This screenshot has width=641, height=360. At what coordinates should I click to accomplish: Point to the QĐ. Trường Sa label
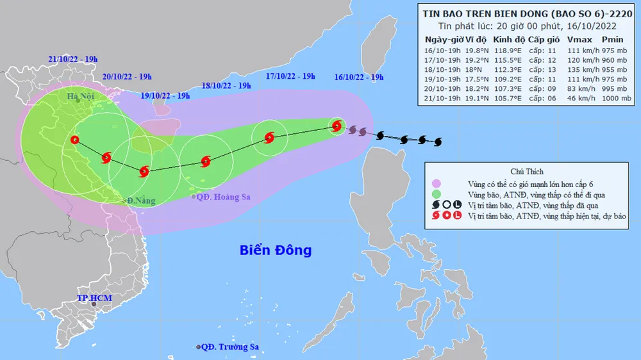(229, 347)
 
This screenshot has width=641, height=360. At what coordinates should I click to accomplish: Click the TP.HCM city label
(90, 299)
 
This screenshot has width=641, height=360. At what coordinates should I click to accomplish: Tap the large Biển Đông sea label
(276, 250)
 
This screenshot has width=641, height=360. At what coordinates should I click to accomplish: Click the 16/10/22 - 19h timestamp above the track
(359, 77)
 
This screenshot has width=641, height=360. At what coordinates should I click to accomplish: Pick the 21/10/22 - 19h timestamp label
(72, 60)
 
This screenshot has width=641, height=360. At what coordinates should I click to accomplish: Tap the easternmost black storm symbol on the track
(438, 141)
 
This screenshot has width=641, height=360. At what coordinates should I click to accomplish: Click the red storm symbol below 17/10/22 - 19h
(268, 136)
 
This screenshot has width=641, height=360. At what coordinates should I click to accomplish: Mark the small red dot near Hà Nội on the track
(76, 140)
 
